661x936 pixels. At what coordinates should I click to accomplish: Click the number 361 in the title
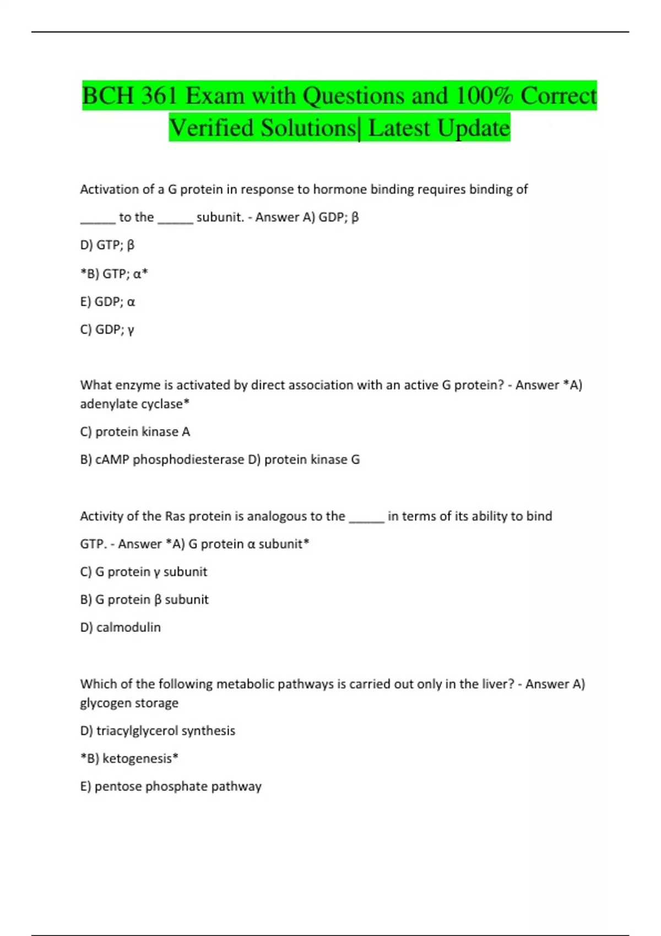pyautogui.click(x=159, y=96)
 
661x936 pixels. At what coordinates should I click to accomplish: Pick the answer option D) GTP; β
pyautogui.click(x=107, y=245)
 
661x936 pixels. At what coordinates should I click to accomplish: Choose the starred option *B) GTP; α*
pyautogui.click(x=114, y=274)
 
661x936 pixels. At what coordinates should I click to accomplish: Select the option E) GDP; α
pyautogui.click(x=107, y=302)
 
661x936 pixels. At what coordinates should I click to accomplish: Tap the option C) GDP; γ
pyautogui.click(x=107, y=330)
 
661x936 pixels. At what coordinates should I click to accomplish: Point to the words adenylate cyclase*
pyautogui.click(x=135, y=404)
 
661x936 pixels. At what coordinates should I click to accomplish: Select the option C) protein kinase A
pyautogui.click(x=135, y=432)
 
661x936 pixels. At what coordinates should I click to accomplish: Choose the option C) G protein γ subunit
pyautogui.click(x=144, y=572)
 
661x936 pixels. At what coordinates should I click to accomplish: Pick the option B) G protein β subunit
pyautogui.click(x=144, y=600)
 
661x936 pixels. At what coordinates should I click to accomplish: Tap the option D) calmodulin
pyautogui.click(x=121, y=628)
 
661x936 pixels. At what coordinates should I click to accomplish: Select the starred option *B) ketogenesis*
pyautogui.click(x=129, y=759)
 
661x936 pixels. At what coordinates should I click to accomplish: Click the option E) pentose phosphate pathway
pyautogui.click(x=171, y=786)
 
